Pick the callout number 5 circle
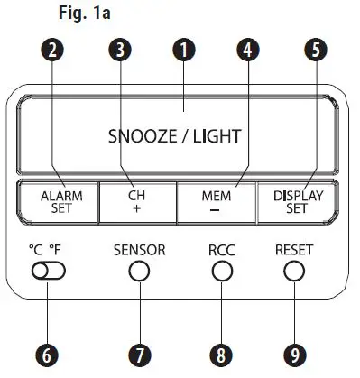point(312,51)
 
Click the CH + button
point(135,198)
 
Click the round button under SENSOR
point(139,271)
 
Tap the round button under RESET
point(292,271)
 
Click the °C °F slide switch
point(43,270)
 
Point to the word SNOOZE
point(140,137)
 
